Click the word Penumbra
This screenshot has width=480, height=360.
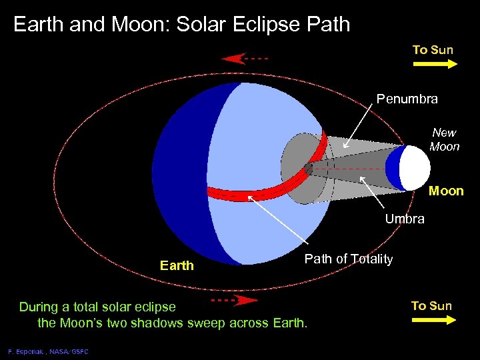coord(407,99)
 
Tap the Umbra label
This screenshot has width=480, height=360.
coord(405,219)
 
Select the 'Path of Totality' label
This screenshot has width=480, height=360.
coord(349,259)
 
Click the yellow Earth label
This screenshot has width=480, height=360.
coord(177,265)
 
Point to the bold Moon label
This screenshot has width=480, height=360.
coord(446,191)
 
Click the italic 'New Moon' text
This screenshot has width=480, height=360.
coord(445,140)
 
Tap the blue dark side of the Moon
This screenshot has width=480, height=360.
coord(394,168)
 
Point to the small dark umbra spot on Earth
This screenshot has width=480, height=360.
coord(308,169)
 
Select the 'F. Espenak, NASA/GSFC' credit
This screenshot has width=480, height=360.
coord(47,351)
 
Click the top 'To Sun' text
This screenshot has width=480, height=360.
coord(433,50)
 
